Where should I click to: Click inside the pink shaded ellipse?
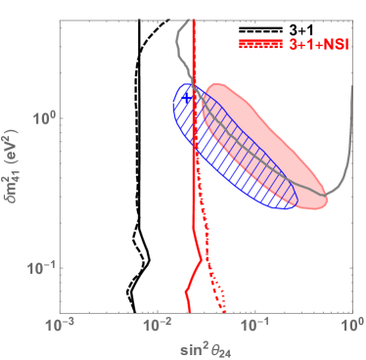point(264,147)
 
